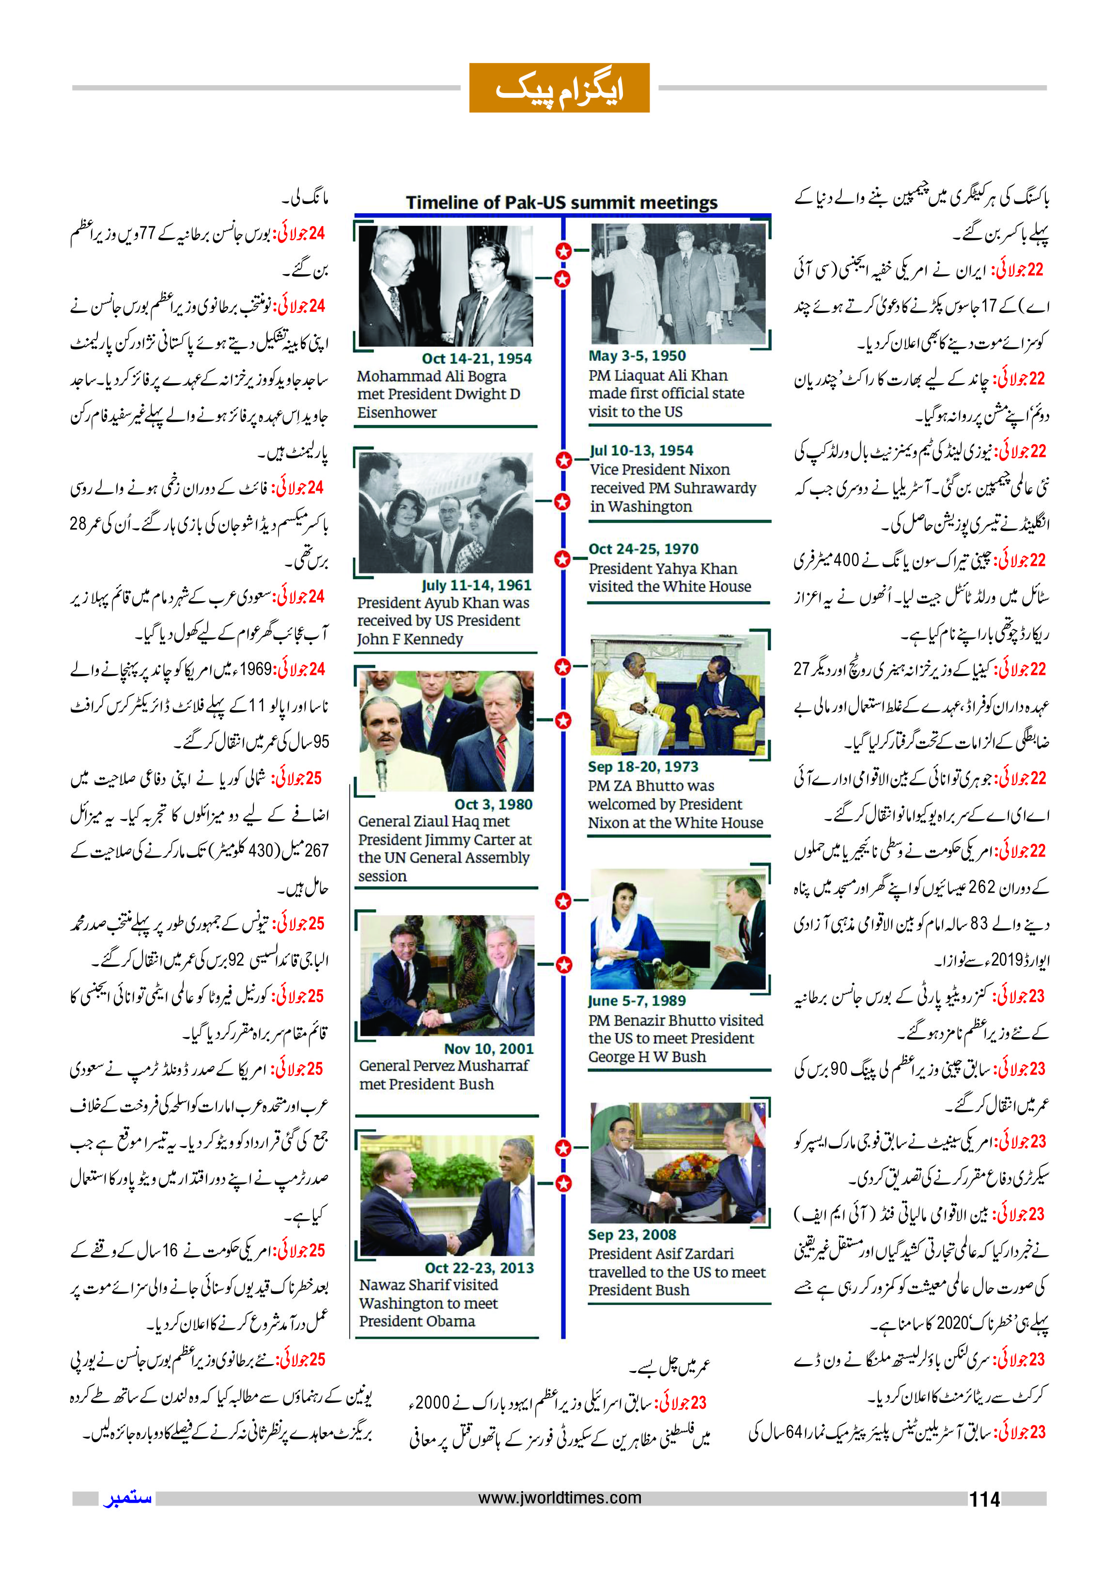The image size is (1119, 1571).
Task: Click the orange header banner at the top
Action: (x=559, y=88)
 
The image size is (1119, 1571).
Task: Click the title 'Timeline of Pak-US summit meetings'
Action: (x=561, y=202)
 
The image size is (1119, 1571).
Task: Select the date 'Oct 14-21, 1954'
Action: (x=477, y=358)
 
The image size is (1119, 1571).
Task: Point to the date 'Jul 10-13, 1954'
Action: (x=641, y=451)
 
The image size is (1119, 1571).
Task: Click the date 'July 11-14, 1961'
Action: (x=477, y=585)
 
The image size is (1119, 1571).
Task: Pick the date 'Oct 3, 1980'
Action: (x=493, y=804)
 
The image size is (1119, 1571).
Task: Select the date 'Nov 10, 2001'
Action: (x=488, y=1049)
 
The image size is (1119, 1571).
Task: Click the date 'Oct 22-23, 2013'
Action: (x=479, y=1268)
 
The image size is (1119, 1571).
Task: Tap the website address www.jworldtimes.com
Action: (x=559, y=1498)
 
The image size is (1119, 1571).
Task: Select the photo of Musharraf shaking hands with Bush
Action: (x=447, y=975)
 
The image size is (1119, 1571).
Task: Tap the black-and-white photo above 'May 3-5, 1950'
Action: (x=678, y=283)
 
